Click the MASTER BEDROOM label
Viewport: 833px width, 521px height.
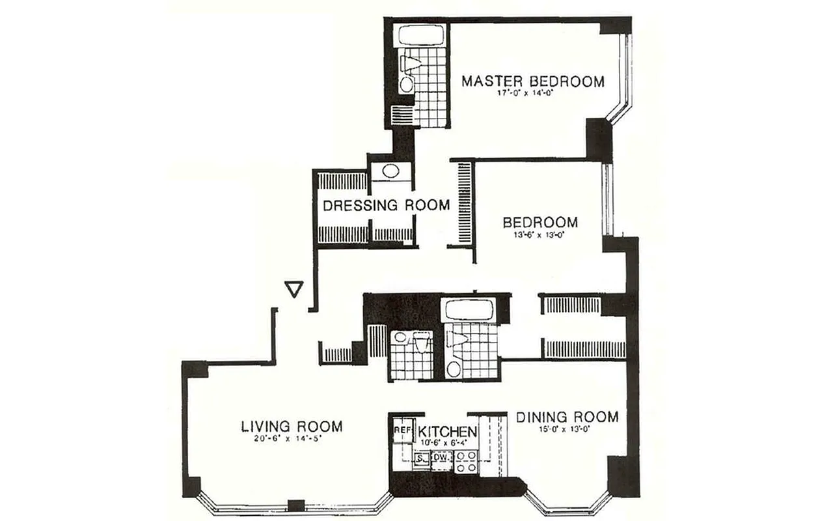(533, 81)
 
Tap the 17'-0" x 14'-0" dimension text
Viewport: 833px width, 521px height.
(533, 94)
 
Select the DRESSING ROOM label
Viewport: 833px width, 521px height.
(387, 206)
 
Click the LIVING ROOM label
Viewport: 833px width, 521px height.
(292, 427)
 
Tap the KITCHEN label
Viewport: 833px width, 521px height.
(447, 431)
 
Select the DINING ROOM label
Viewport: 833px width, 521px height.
(567, 417)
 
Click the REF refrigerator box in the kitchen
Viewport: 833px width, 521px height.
(402, 430)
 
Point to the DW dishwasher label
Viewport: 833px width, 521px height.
(440, 458)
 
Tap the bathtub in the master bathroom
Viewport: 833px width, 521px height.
(422, 36)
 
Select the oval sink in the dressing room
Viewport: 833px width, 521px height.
(391, 172)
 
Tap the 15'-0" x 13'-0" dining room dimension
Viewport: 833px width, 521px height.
(567, 429)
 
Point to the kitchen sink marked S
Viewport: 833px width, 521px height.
(421, 458)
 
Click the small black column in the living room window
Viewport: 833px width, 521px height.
(296, 505)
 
